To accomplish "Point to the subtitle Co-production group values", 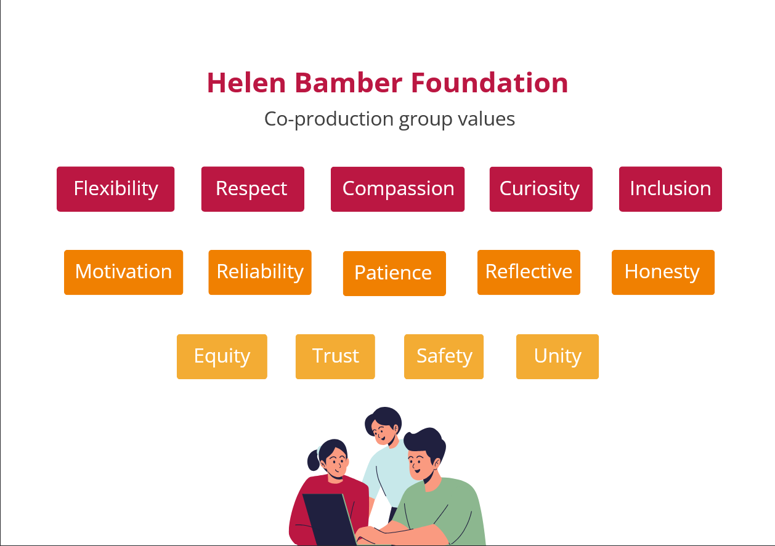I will [x=389, y=118].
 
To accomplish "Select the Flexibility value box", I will [x=116, y=189].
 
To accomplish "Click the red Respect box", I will [x=253, y=189].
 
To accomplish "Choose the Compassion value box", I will [x=398, y=189].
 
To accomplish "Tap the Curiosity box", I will [x=541, y=189].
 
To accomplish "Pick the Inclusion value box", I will [x=670, y=189].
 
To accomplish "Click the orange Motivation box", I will [x=123, y=272].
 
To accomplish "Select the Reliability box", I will [x=260, y=272].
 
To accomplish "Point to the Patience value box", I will [x=394, y=273].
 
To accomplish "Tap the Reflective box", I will [x=529, y=272].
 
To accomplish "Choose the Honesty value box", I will [x=663, y=272].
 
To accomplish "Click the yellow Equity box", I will [x=222, y=356].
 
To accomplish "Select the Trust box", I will [x=335, y=356].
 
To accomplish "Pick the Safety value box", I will [x=444, y=356].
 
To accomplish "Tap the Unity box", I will [x=558, y=356].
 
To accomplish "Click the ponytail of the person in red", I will [x=313, y=459].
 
